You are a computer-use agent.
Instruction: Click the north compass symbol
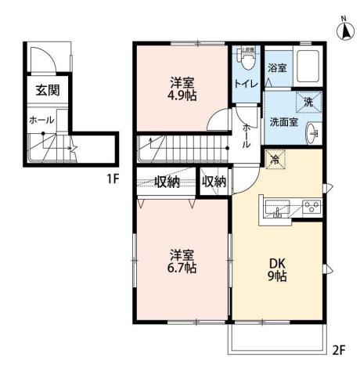343,29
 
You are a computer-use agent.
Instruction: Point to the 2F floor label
340,350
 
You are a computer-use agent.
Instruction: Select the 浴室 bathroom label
277,68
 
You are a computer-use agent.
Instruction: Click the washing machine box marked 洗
308,103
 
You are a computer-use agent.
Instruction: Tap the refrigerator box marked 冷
275,159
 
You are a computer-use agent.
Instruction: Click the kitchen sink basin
278,208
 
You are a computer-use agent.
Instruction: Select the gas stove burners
311,207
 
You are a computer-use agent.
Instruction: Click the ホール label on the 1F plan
41,120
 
